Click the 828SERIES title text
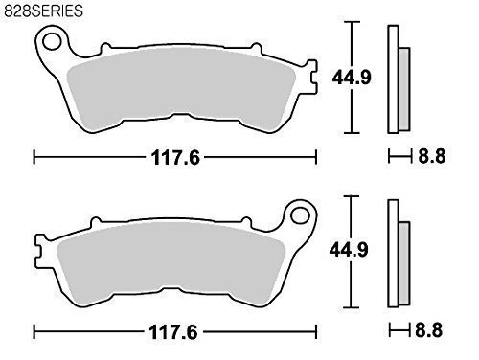pyautogui.click(x=43, y=11)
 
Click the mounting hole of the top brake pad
pyautogui.click(x=52, y=41)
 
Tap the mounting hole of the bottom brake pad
pyautogui.click(x=300, y=215)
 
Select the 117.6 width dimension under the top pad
pyautogui.click(x=175, y=157)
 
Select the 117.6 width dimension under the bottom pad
pyautogui.click(x=173, y=332)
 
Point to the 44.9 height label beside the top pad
pyautogui.click(x=352, y=78)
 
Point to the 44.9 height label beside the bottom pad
pyautogui.click(x=349, y=250)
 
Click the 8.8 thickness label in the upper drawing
pyautogui.click(x=432, y=156)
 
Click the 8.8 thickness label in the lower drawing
pyautogui.click(x=429, y=329)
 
